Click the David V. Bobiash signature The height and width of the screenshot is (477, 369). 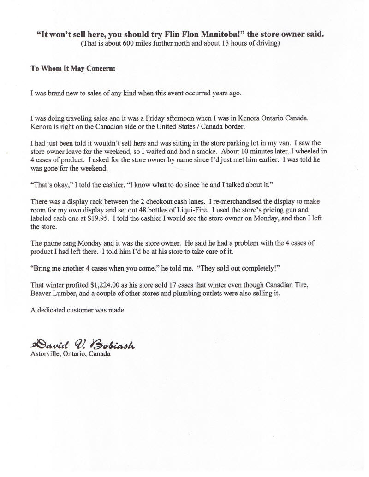click(83, 344)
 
